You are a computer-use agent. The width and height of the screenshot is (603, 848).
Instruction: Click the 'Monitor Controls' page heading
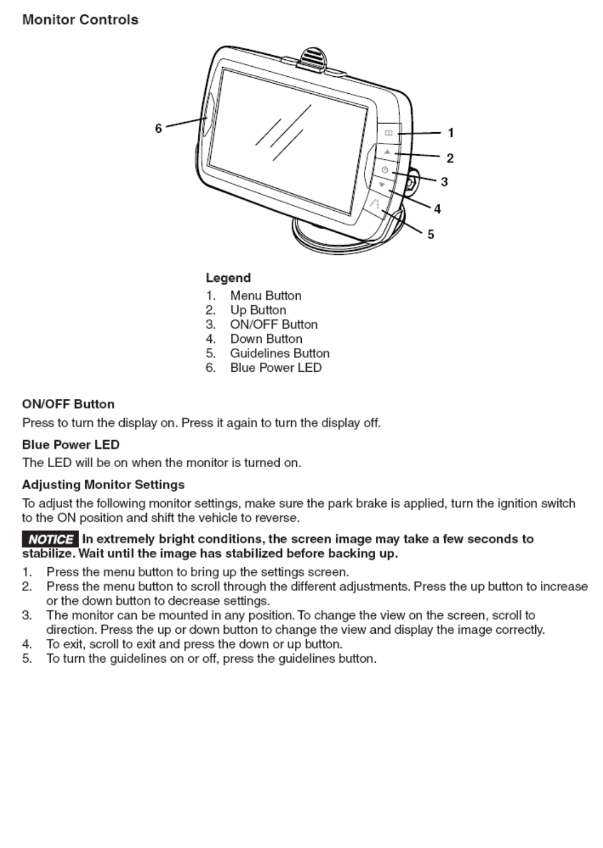click(x=80, y=20)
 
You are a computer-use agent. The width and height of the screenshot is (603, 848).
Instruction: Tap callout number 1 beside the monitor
click(x=450, y=133)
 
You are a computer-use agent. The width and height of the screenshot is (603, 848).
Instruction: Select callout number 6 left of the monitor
click(x=158, y=129)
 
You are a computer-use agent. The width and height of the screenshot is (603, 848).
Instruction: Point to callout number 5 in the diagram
click(x=431, y=234)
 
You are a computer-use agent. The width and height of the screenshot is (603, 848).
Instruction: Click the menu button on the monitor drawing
click(x=388, y=133)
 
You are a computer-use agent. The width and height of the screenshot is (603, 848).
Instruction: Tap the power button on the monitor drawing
click(x=385, y=169)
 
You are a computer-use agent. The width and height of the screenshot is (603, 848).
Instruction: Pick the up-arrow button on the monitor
click(x=387, y=152)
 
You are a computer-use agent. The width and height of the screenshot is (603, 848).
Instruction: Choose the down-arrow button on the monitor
click(x=381, y=185)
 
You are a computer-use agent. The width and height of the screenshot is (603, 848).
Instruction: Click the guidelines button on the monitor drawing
click(x=375, y=203)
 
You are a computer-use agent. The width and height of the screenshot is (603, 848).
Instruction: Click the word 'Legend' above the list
click(x=228, y=278)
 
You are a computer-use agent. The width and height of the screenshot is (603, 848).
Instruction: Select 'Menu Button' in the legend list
click(x=266, y=295)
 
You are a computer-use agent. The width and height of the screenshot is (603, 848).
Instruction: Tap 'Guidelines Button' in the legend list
click(x=279, y=353)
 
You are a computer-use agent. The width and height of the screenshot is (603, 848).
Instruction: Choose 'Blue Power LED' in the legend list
click(x=275, y=368)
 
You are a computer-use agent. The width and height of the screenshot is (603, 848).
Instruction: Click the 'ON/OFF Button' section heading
click(x=68, y=404)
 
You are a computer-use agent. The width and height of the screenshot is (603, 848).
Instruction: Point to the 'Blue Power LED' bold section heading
click(x=71, y=445)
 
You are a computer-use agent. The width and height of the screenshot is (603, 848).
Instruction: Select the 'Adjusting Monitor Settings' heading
click(x=103, y=485)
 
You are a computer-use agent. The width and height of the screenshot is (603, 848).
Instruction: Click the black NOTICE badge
click(x=50, y=539)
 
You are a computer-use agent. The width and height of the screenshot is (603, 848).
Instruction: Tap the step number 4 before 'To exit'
click(x=27, y=644)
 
